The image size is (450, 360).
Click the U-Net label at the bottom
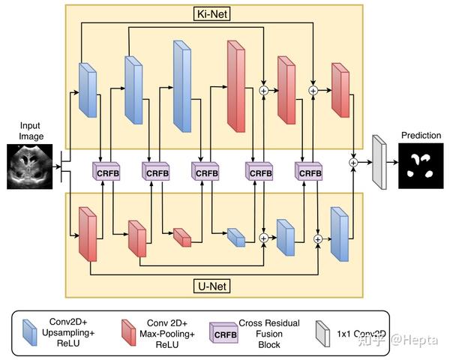click(x=214, y=286)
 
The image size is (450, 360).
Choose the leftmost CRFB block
click(x=106, y=172)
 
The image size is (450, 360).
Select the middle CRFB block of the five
click(x=207, y=172)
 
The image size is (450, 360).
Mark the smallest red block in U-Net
click(x=182, y=237)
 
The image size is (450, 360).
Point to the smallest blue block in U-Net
click(x=236, y=238)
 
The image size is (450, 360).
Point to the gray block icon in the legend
click(x=322, y=331)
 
